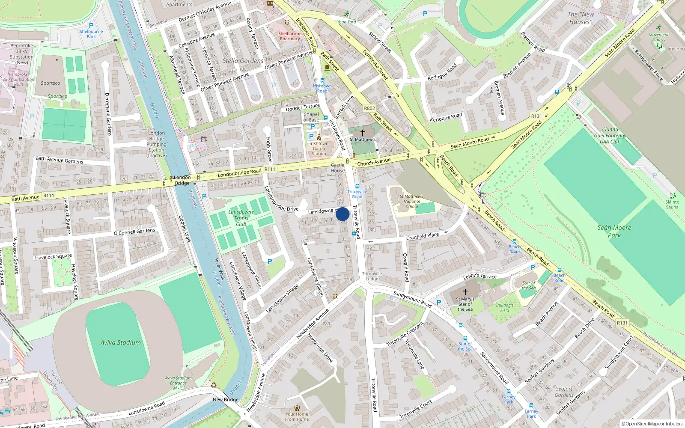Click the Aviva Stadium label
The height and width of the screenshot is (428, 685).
pos(120,342)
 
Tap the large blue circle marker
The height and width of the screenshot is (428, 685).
pos(342,214)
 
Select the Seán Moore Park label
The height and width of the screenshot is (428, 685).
pos(614,232)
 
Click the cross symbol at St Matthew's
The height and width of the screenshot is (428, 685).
pos(363,133)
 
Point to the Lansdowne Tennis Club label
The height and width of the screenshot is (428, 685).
pos(241,218)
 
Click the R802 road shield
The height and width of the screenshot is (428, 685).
pos(369,108)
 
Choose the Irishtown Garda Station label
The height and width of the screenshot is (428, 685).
pos(319,149)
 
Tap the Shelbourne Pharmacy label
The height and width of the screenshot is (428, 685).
pos(290,36)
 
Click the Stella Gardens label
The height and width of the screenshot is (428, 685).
pos(243,61)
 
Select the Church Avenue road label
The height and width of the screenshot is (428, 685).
pos(374,162)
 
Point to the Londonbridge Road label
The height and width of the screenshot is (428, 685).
pos(239,173)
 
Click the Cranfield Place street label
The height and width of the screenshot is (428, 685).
pos(422,236)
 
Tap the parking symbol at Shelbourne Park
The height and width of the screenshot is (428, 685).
pos(91,26)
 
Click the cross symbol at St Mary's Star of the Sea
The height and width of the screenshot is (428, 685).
pos(465,291)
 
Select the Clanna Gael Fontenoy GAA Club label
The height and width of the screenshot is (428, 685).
pos(610,135)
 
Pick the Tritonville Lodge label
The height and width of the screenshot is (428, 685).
pos(372,276)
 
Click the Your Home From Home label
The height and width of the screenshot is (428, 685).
pos(297,416)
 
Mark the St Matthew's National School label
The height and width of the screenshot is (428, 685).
pos(411,201)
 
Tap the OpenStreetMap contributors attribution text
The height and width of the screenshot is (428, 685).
pos(652,424)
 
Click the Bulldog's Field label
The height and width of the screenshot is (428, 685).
pos(505,308)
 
